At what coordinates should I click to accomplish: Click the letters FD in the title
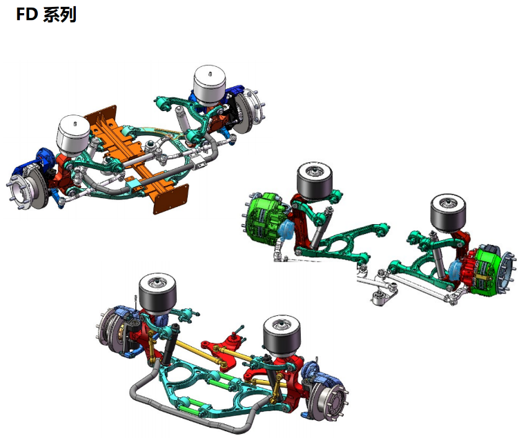pos(27,14)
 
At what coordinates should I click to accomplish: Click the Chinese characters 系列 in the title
pos(59,15)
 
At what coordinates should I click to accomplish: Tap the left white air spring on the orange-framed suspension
pos(74,135)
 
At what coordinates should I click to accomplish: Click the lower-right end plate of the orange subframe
pos(170,199)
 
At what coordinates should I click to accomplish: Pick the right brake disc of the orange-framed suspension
pos(248,110)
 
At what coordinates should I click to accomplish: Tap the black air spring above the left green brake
pos(315,181)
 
